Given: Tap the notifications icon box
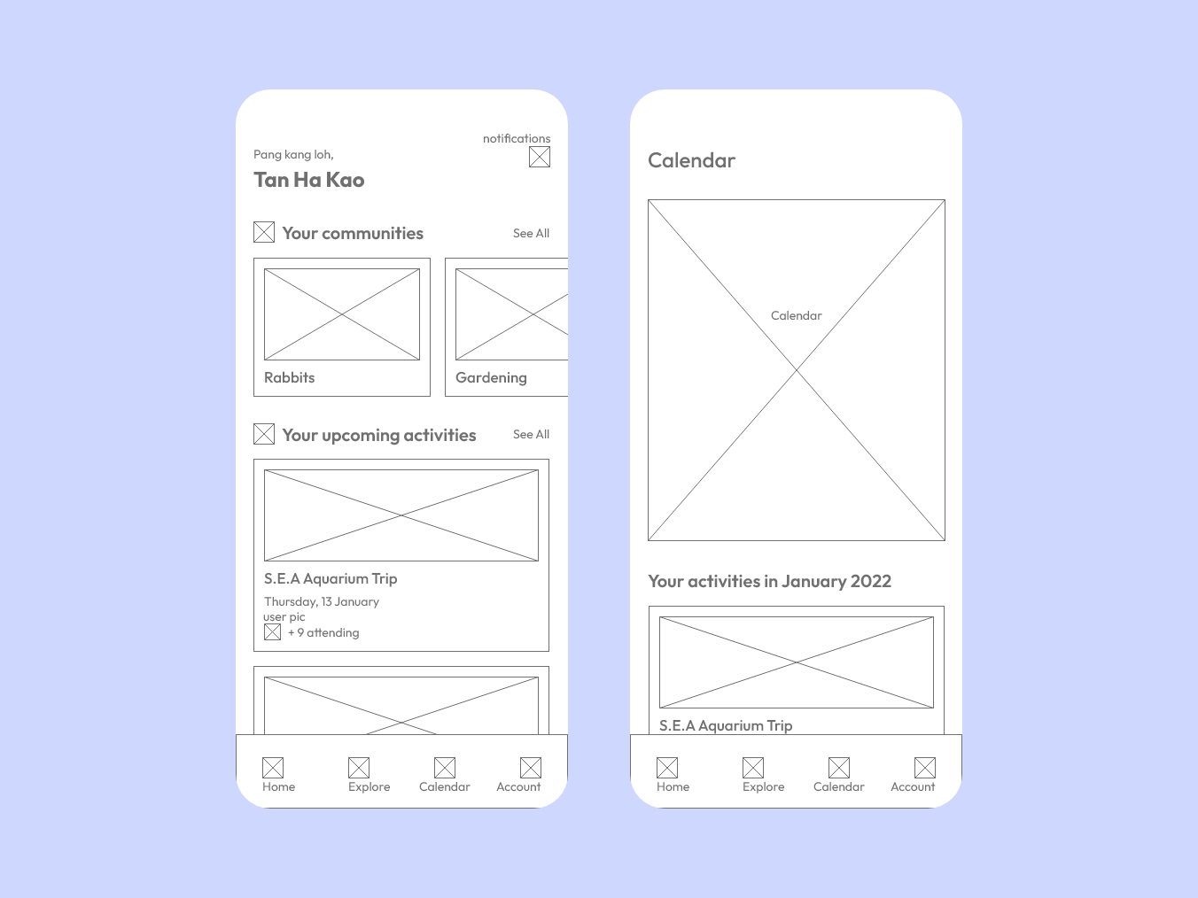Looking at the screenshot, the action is [x=540, y=157].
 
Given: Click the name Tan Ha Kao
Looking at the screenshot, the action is [x=309, y=180].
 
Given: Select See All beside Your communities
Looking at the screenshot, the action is [x=531, y=234].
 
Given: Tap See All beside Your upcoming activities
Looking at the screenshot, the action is [x=531, y=435].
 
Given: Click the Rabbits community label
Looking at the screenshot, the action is [x=289, y=377].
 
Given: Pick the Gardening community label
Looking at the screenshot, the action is [x=491, y=378].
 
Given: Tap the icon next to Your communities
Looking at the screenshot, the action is [x=264, y=232].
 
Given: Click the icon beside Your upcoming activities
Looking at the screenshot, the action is [x=264, y=434].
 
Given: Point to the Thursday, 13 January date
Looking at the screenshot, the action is [x=322, y=601].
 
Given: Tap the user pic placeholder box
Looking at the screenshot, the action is [x=272, y=632].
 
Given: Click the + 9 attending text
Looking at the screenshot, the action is [x=323, y=632].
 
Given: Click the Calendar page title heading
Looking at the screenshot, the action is [x=691, y=161].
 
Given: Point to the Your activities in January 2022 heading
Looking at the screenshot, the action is [x=769, y=581].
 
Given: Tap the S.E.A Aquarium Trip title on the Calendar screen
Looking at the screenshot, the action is [x=726, y=725].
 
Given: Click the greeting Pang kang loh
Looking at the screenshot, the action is [x=293, y=155].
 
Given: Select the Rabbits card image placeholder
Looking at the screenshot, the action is [x=342, y=314].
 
